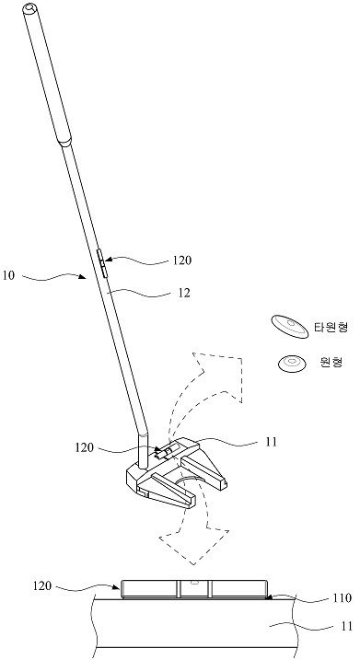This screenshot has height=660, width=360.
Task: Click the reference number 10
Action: [x=9, y=276]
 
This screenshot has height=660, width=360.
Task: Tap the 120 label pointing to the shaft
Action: [x=182, y=261]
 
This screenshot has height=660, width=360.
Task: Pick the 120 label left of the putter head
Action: [x=84, y=447]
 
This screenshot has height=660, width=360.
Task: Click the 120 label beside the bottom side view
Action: [x=42, y=586]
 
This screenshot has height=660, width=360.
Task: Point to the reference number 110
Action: [x=342, y=598]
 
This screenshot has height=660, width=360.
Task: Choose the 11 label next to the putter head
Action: [x=272, y=442]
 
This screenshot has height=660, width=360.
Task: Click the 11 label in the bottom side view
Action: [x=346, y=626]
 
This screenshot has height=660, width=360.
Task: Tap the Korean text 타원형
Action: [x=331, y=327]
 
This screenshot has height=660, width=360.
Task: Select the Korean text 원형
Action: [x=331, y=362]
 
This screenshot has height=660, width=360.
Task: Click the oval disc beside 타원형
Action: [x=290, y=327]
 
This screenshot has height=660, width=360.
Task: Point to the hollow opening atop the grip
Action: [x=29, y=7]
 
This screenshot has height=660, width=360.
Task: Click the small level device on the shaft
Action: [x=102, y=263]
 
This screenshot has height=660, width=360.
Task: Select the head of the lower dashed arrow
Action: [x=194, y=544]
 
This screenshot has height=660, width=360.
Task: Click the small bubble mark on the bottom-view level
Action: [x=194, y=583]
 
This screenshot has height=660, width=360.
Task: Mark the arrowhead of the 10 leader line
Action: [x=86, y=276]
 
